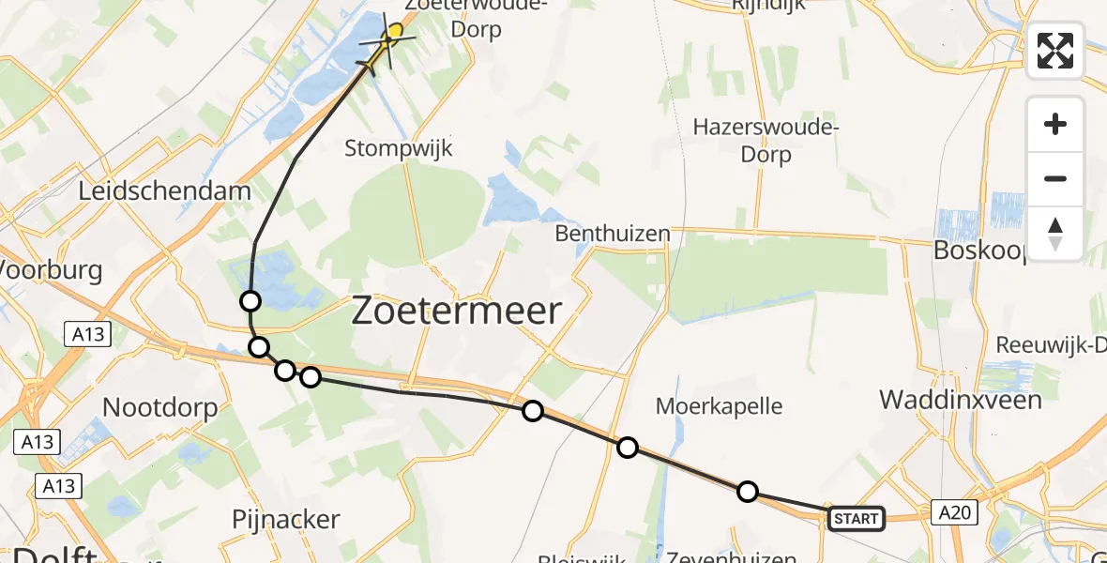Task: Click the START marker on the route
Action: pos(856,518)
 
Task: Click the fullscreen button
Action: pos(1055,51)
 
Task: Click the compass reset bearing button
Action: pos(1055,234)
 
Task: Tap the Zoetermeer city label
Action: pos(457,311)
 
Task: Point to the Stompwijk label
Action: pos(399,148)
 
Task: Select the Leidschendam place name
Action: pos(165,191)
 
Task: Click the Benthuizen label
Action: pos(613,233)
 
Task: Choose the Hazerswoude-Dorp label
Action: pos(766,140)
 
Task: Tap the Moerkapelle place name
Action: pos(719,406)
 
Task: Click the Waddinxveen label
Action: pos(960,400)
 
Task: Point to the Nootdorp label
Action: pos(159,407)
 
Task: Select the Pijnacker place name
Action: pos(285,519)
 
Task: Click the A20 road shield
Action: pos(955,512)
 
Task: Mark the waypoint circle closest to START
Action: pos(747,491)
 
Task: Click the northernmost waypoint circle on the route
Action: pos(250,301)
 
